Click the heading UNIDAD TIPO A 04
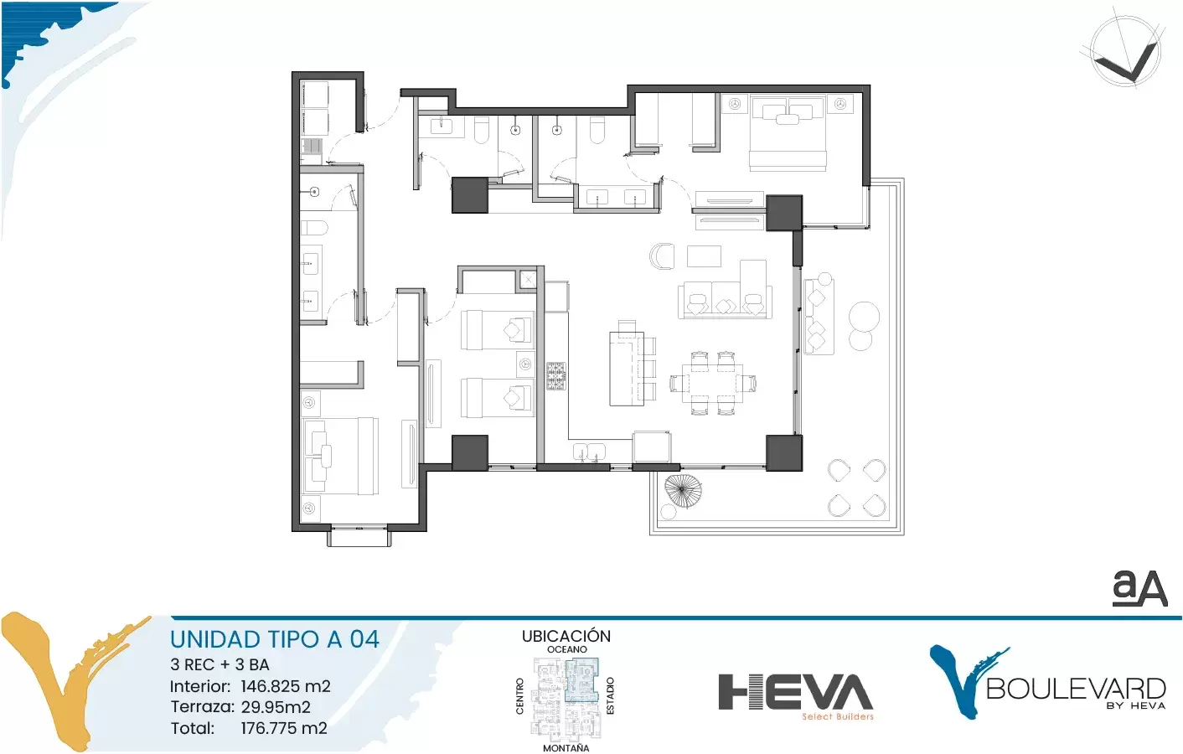point(275,639)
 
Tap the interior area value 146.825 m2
point(286,686)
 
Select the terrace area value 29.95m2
point(276,707)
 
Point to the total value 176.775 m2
point(284,728)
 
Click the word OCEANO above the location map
point(566,649)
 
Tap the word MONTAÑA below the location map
point(566,748)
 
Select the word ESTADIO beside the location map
point(611,696)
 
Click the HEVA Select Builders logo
point(796,697)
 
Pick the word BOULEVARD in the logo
point(1076,689)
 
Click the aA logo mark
point(1139,589)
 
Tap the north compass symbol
point(1125,50)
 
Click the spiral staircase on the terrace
point(682,491)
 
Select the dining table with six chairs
point(712,384)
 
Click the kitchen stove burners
point(556,376)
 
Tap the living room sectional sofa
point(725,299)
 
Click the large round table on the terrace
point(864,317)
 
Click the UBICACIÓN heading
point(566,636)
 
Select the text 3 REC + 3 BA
point(220,664)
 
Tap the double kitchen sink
point(589,452)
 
